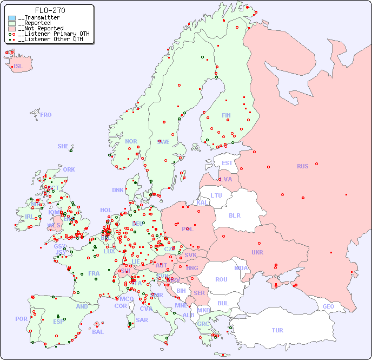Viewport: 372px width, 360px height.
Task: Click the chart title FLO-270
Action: point(50,10)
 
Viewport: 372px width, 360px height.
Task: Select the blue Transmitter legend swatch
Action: point(12,18)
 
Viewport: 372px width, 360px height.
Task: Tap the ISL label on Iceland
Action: point(18,67)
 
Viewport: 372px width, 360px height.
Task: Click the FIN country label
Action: point(226,115)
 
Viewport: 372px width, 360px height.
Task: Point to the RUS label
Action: point(302,166)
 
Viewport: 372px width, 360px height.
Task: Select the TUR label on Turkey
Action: point(277,330)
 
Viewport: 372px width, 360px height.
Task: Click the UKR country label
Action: point(257,252)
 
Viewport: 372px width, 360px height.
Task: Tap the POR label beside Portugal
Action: point(21,319)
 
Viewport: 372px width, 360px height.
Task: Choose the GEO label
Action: point(328,306)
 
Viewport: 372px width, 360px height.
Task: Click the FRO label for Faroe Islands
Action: point(46,115)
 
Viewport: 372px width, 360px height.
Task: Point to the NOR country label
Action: point(131,141)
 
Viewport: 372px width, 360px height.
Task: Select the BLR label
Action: point(235,215)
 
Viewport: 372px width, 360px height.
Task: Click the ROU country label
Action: point(221,279)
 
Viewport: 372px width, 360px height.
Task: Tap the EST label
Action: point(227,163)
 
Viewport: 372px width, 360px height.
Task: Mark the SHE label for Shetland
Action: point(63,146)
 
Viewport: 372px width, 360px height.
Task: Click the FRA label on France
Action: point(94,273)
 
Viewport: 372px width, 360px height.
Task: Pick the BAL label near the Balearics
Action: point(97,332)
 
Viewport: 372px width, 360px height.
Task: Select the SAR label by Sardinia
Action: point(142,320)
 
